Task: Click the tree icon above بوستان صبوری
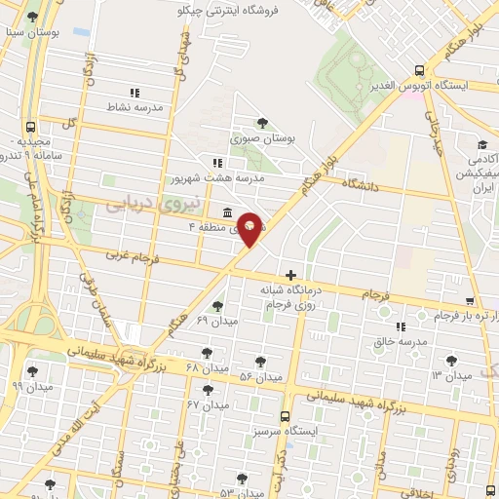pyautogui.click(x=262, y=122)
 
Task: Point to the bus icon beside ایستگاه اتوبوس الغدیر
pyautogui.click(x=418, y=70)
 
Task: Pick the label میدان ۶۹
pyautogui.click(x=216, y=320)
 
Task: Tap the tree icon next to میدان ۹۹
pyautogui.click(x=32, y=370)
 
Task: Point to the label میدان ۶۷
pyautogui.click(x=207, y=403)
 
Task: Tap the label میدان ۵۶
pyautogui.click(x=261, y=376)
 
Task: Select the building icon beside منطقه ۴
pyautogui.click(x=226, y=212)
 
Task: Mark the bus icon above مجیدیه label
pyautogui.click(x=32, y=127)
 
